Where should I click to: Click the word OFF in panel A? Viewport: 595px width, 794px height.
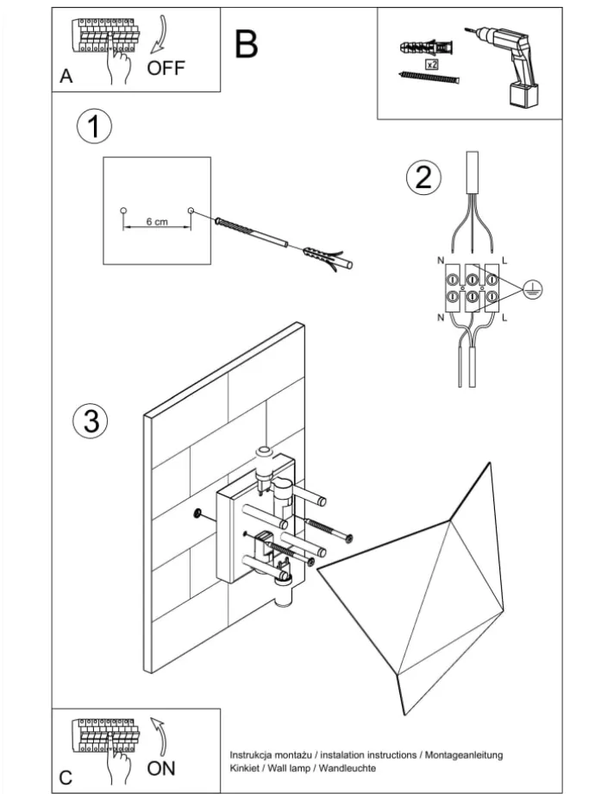166,68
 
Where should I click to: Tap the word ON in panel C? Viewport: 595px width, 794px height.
162,767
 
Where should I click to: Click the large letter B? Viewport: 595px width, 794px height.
247,44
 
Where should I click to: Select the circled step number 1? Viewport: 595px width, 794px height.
94,127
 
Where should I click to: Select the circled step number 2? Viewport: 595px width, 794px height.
423,178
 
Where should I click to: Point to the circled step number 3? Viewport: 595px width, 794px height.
91,422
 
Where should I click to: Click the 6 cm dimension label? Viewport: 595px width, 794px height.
156,222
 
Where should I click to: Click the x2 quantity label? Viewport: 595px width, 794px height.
432,63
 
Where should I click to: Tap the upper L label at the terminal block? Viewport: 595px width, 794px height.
504,259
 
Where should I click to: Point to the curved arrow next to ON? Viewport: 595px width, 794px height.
159,734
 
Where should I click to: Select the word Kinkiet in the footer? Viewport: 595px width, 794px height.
246,767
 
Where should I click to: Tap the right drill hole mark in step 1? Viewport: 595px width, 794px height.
191,210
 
